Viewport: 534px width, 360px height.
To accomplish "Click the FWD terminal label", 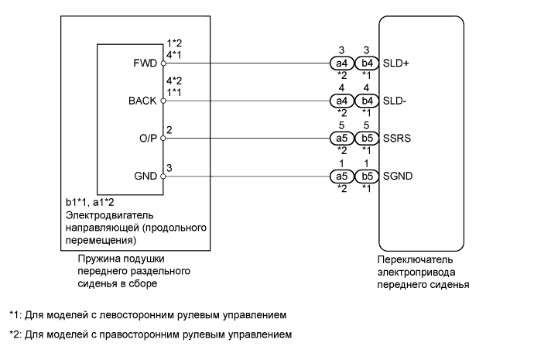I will click(x=145, y=63).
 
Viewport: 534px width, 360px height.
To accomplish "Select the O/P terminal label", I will click(x=147, y=140).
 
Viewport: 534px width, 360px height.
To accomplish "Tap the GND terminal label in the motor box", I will click(x=145, y=177).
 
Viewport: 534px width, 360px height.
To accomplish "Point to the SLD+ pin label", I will click(x=396, y=63).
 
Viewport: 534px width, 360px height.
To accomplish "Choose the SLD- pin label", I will click(x=395, y=101).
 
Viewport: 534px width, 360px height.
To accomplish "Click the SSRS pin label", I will click(x=397, y=140).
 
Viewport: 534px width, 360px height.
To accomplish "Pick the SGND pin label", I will click(x=398, y=177).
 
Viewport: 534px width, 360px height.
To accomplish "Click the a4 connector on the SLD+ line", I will click(x=341, y=63).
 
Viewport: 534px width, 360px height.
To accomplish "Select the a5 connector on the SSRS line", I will click(x=341, y=140).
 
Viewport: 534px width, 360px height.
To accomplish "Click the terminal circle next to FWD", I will click(x=163, y=63).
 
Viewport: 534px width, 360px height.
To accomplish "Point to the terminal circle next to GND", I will click(x=163, y=177).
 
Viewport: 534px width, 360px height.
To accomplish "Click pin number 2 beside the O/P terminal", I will click(x=169, y=129).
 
